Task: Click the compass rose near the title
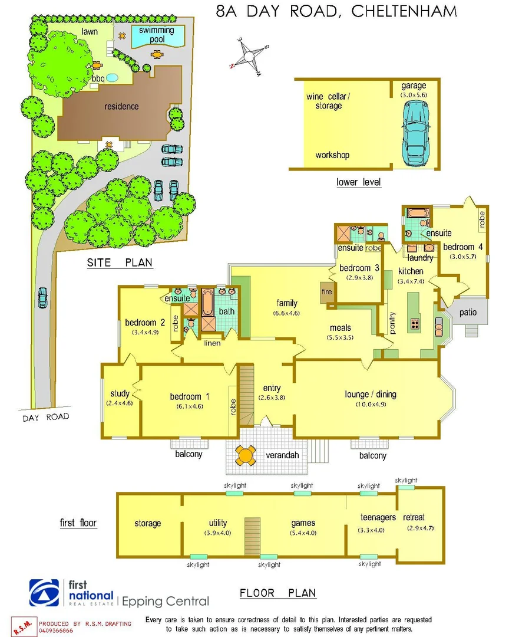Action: click(x=250, y=57)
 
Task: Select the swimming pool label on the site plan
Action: click(x=157, y=35)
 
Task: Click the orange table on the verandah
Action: click(x=246, y=455)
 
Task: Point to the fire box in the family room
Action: click(x=326, y=291)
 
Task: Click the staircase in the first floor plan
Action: click(x=252, y=536)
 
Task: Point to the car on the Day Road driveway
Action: click(x=42, y=298)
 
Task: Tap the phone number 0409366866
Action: click(x=57, y=630)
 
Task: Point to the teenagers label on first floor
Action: click(x=378, y=517)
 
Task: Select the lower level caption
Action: click(x=358, y=182)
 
